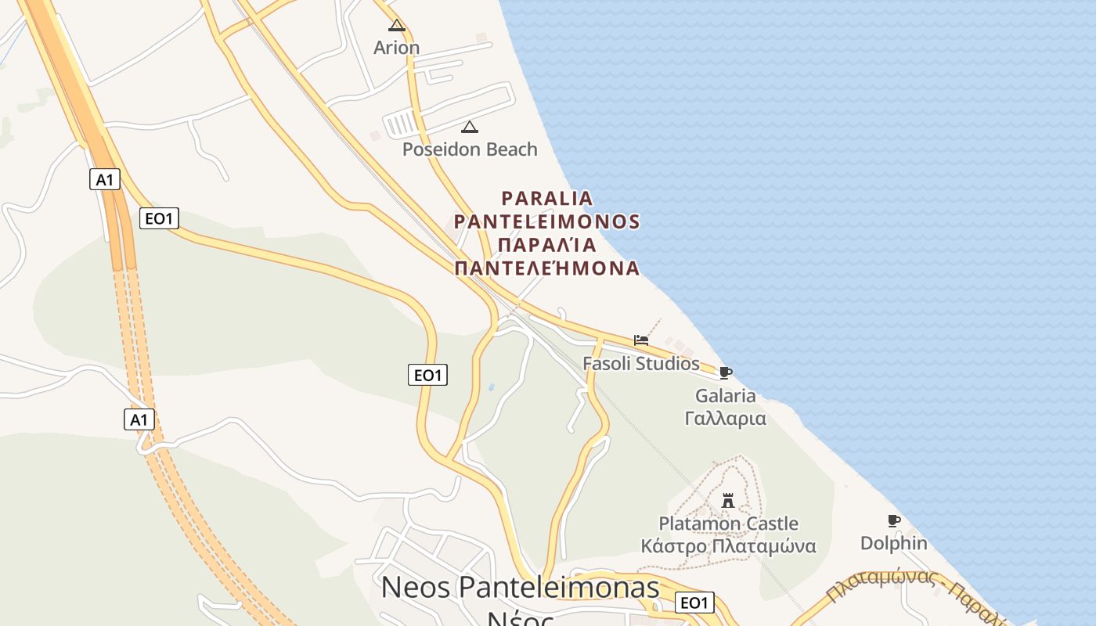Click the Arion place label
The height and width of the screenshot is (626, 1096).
[396, 48]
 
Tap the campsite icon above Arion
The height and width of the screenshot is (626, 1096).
[397, 25]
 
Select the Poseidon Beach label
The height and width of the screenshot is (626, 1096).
[470, 149]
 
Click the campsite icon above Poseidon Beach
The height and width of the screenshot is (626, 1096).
[470, 127]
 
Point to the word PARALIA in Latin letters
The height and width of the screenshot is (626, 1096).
[547, 198]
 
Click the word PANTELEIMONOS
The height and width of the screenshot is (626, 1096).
[547, 221]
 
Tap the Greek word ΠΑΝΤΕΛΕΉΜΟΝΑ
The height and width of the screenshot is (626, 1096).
[547, 268]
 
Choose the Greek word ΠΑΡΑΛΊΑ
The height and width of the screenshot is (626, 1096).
[547, 245]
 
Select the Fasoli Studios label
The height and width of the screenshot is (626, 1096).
[641, 363]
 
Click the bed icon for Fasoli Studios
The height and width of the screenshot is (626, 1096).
[641, 340]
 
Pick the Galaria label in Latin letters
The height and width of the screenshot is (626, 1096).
[726, 396]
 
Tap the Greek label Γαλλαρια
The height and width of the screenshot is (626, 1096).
[726, 418]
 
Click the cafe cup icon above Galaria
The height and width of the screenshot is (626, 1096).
[726, 372]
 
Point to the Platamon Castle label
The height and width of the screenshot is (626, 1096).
[728, 523]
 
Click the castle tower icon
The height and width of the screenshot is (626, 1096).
[728, 500]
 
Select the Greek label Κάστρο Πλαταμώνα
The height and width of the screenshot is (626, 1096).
[728, 546]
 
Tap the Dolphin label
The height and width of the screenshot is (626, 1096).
[894, 543]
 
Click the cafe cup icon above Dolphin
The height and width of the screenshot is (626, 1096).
[893, 520]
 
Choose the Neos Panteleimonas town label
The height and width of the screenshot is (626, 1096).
[520, 587]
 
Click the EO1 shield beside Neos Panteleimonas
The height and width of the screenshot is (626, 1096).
[694, 603]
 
